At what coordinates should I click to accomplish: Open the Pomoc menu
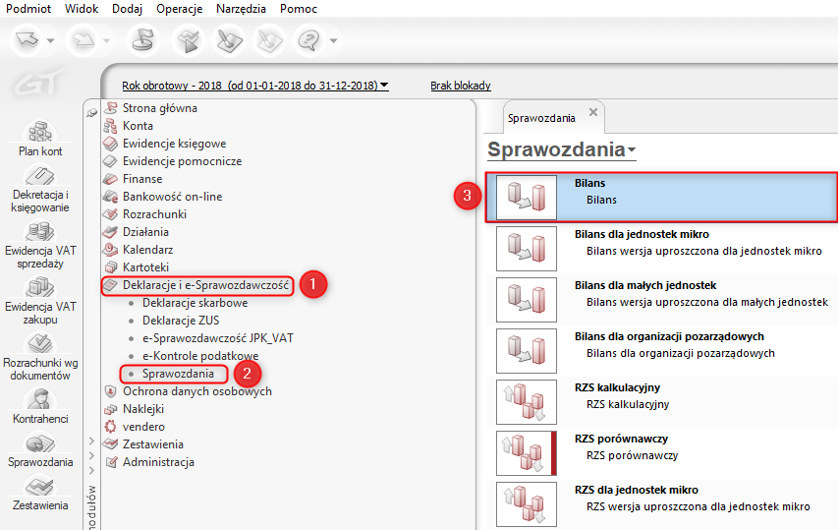tap(299, 9)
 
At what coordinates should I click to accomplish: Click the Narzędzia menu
tap(241, 9)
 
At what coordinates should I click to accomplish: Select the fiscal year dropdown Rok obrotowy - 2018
tap(254, 86)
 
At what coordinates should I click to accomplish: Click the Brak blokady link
tap(461, 86)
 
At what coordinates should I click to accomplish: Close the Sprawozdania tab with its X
tap(593, 112)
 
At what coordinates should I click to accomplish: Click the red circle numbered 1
tap(313, 284)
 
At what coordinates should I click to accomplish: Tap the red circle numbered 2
tap(247, 374)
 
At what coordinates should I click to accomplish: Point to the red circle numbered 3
tap(467, 196)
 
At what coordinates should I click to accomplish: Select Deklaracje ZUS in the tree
tap(181, 321)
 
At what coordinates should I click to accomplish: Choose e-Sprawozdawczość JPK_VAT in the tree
tap(217, 338)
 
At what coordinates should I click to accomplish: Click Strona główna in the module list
tap(160, 108)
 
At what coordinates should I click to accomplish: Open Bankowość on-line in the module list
tap(172, 197)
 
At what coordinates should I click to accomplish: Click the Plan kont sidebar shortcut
tap(40, 138)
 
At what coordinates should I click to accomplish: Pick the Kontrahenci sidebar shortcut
tap(40, 406)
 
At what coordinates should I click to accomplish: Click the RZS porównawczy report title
tap(621, 439)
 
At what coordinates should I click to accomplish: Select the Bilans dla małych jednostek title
tap(645, 285)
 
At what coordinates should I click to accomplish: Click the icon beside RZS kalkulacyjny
tap(527, 401)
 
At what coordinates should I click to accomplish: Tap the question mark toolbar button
tap(308, 40)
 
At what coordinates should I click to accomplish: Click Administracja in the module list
tap(158, 462)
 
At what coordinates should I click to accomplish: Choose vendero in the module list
tap(143, 427)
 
